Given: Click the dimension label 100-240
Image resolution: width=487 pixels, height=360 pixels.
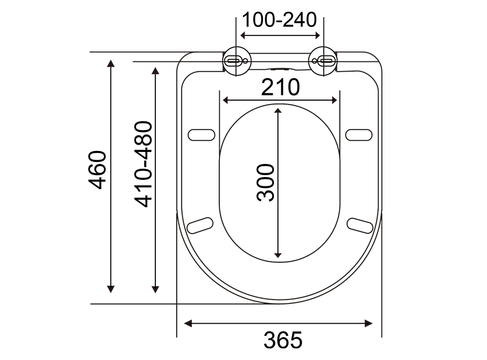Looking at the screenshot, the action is [279, 20].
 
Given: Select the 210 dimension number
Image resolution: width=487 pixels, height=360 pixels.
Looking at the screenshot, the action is [280, 88].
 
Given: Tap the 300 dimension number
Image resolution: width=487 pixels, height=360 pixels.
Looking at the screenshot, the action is [266, 183].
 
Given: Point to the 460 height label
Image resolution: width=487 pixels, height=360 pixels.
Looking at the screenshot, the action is [97, 170].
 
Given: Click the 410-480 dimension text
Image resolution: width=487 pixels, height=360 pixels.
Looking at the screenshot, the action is [143, 164].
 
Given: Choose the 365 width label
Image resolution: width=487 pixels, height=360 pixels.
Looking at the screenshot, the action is [283, 340].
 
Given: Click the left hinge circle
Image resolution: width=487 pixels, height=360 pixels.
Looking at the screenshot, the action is [237, 61].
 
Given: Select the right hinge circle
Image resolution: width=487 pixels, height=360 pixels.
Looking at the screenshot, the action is [323, 61].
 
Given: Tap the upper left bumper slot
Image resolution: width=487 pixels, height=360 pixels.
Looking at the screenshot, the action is [201, 135].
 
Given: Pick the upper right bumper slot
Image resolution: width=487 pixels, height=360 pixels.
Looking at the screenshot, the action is [359, 135].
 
